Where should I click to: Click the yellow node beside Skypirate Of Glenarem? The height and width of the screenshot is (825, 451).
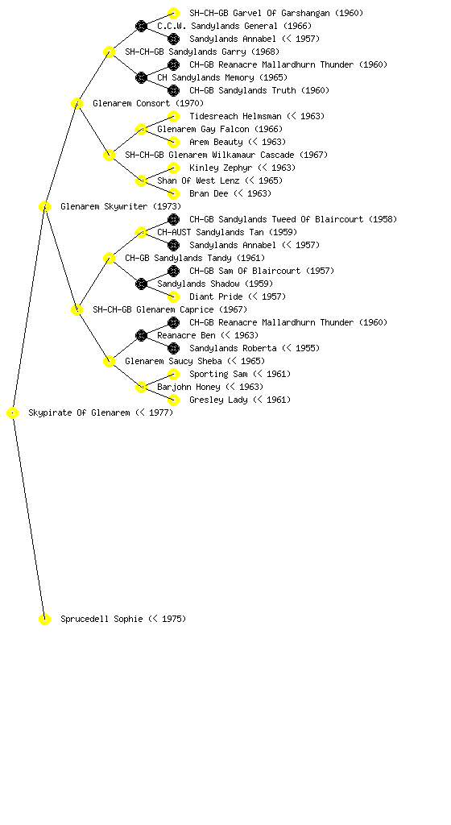(x=13, y=413)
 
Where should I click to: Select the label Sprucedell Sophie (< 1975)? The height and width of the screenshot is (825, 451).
(x=123, y=619)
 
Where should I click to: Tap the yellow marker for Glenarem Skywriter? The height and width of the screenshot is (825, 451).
(x=44, y=207)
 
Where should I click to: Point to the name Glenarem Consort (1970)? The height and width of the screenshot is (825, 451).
(x=148, y=103)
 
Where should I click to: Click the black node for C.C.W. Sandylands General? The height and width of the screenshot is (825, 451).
(x=142, y=26)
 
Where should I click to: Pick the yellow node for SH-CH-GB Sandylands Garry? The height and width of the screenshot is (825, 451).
(x=109, y=52)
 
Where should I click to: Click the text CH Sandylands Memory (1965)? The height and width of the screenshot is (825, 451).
(x=222, y=77)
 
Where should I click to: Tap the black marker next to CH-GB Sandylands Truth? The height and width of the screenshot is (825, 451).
(x=173, y=90)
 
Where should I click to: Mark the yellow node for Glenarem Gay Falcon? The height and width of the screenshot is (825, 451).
(x=142, y=129)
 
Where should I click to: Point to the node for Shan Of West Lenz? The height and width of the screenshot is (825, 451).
(x=142, y=180)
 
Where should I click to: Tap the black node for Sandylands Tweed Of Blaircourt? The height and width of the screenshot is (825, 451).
(x=173, y=219)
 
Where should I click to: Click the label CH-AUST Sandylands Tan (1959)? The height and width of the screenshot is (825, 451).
(x=227, y=232)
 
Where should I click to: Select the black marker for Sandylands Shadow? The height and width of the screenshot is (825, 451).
(x=142, y=284)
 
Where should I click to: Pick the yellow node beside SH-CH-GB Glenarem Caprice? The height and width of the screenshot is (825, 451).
(x=77, y=309)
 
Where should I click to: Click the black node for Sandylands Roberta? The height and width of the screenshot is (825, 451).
(x=173, y=348)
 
